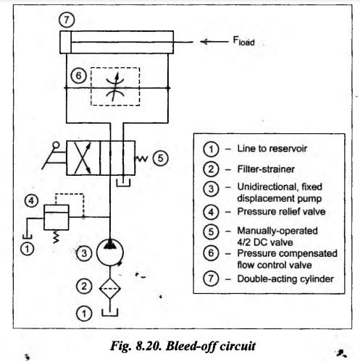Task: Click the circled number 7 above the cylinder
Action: (x=67, y=20)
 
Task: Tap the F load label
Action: (x=243, y=41)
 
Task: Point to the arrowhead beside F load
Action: (x=204, y=42)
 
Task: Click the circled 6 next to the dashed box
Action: (x=78, y=76)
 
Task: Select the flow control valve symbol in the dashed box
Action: (x=115, y=87)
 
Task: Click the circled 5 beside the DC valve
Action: (x=161, y=158)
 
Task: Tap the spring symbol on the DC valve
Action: (x=141, y=158)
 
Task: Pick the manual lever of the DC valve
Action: (x=54, y=156)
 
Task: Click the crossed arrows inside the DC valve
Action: (x=83, y=158)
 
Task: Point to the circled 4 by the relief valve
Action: (x=32, y=200)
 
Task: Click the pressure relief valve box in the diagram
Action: (x=56, y=218)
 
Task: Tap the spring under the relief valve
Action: (x=56, y=237)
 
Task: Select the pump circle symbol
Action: (x=110, y=252)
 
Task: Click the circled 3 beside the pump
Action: (x=84, y=253)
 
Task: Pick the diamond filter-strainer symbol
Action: (x=110, y=289)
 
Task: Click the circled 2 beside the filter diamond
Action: (x=84, y=286)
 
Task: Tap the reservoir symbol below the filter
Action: (x=110, y=313)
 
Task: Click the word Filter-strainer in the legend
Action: (x=266, y=169)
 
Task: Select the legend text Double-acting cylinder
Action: (x=285, y=279)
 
